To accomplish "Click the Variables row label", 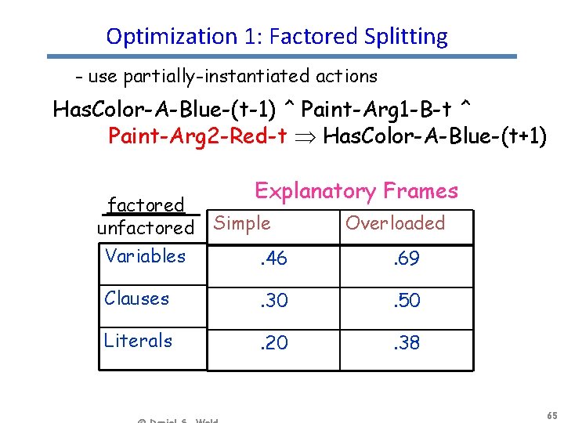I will (x=145, y=256).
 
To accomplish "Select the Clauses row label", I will (x=137, y=298).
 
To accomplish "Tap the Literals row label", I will (x=138, y=341).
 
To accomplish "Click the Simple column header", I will (x=242, y=223).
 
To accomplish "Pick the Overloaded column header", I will (x=395, y=223).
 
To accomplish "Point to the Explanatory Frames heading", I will (x=356, y=191).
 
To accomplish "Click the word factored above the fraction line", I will (x=146, y=205).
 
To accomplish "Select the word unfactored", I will (x=145, y=228).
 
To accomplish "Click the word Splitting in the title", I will (x=406, y=37).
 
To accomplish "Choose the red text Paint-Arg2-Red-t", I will (x=197, y=137).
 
